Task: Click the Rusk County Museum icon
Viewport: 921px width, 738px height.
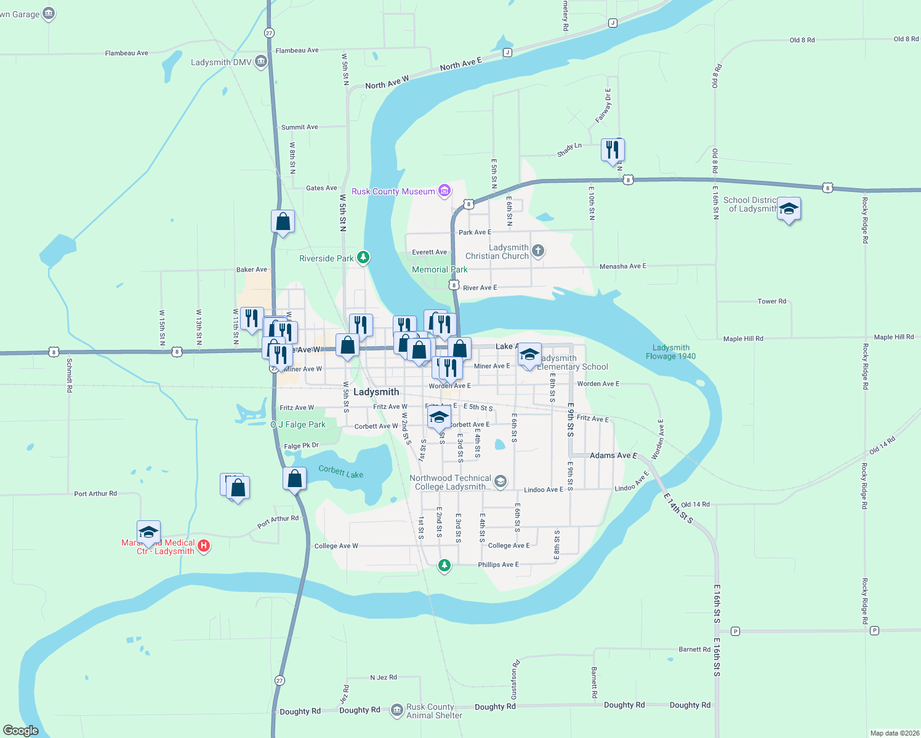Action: [444, 191]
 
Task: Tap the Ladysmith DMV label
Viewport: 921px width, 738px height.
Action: [221, 62]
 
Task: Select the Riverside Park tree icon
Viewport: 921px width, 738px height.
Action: [363, 258]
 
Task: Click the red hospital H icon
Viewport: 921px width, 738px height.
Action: [204, 546]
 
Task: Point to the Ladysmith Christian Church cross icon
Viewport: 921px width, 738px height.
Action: [538, 250]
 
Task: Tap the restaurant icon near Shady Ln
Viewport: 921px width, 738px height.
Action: [613, 149]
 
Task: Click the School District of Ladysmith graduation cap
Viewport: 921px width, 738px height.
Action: [789, 209]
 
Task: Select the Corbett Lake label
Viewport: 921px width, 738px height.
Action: [340, 472]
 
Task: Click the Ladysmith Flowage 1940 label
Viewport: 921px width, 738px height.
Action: [670, 352]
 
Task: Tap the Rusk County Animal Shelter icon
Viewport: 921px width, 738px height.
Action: [397, 710]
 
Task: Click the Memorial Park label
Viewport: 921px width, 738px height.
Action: [440, 269]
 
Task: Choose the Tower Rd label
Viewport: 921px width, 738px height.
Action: [771, 301]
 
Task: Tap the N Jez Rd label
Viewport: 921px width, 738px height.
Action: [383, 677]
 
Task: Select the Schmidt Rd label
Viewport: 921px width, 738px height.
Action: [69, 375]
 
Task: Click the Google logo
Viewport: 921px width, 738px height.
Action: [20, 731]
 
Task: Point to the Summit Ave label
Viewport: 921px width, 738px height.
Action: [299, 127]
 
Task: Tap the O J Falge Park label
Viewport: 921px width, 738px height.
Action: [298, 424]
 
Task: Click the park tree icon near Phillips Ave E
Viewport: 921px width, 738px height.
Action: [444, 565]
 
